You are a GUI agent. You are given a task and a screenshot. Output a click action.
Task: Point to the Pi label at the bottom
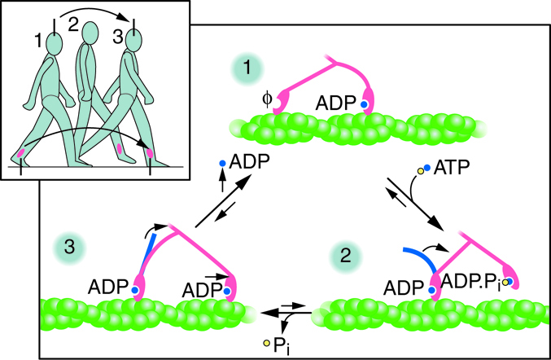tap(282, 345)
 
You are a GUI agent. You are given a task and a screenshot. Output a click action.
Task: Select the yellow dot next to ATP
tap(422, 170)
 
